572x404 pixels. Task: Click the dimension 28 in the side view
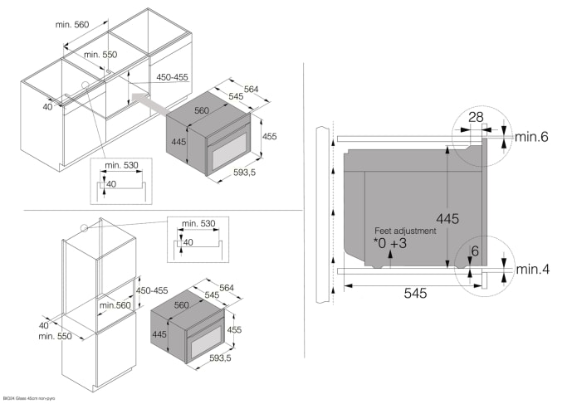tap(474, 118)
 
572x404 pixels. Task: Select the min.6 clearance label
tap(531, 136)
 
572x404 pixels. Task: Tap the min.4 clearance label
tap(531, 270)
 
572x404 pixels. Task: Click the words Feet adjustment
tap(404, 231)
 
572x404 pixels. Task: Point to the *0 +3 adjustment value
tap(390, 244)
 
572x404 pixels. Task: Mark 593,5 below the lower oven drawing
tap(220, 358)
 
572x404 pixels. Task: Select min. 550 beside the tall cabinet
tap(53, 336)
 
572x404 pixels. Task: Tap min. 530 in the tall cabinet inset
tap(196, 223)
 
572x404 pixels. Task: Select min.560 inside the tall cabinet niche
tap(115, 306)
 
